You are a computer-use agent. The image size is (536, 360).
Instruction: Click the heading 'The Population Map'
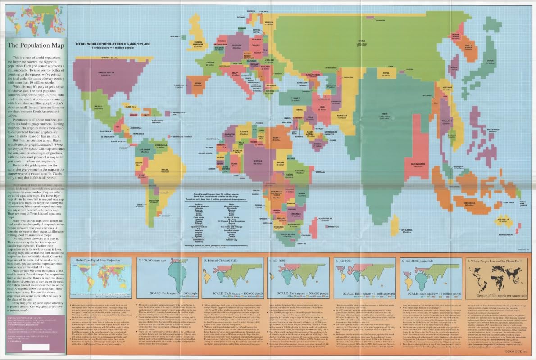(x=35, y=45)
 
